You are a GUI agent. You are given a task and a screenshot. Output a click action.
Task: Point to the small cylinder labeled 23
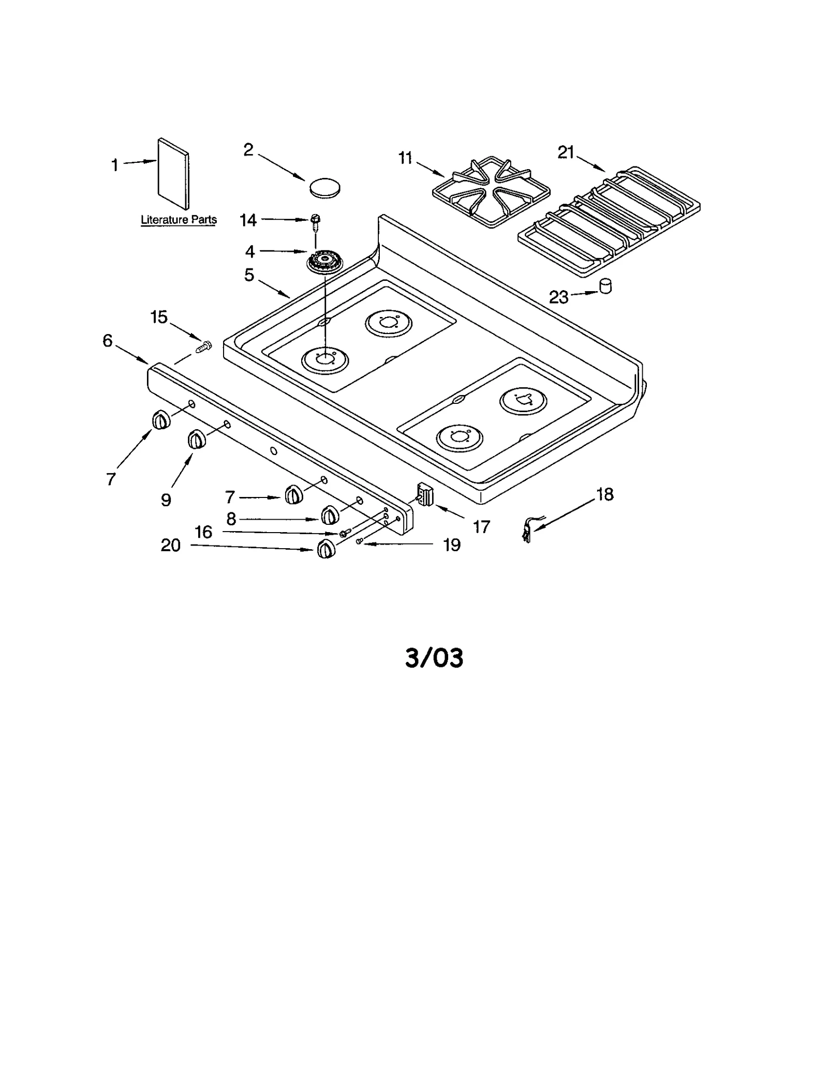pyautogui.click(x=604, y=286)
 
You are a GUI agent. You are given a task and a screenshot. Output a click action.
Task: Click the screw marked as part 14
pyautogui.click(x=314, y=221)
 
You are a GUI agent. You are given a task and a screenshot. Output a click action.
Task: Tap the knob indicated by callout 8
pyautogui.click(x=330, y=515)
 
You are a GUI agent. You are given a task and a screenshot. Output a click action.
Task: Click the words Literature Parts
pyautogui.click(x=179, y=220)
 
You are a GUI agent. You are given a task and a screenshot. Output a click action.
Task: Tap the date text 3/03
pyautogui.click(x=434, y=658)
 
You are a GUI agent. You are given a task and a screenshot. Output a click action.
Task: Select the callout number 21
pyautogui.click(x=566, y=152)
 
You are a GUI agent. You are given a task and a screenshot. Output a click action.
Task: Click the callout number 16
pyautogui.click(x=203, y=532)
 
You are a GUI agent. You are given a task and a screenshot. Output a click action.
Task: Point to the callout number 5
pyautogui.click(x=249, y=275)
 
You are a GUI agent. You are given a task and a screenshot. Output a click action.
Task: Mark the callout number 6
pyautogui.click(x=107, y=340)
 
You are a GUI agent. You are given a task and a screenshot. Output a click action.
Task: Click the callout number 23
pyautogui.click(x=558, y=297)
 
